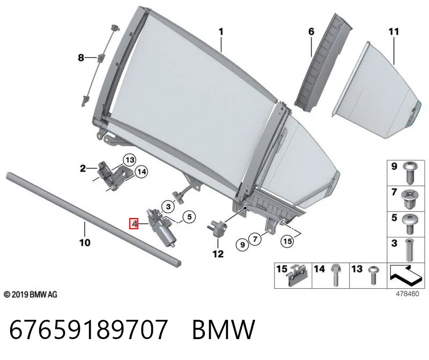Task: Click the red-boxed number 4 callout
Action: (x=134, y=224)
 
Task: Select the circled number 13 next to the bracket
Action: (x=130, y=160)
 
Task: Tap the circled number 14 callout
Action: (x=142, y=171)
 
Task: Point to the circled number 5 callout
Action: (x=189, y=217)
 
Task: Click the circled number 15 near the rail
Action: (x=287, y=241)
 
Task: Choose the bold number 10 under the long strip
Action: (x=85, y=243)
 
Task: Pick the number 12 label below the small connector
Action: (x=218, y=254)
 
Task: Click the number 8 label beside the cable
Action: (x=81, y=58)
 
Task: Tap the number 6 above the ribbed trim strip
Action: (x=312, y=32)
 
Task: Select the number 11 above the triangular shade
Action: (x=394, y=32)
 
